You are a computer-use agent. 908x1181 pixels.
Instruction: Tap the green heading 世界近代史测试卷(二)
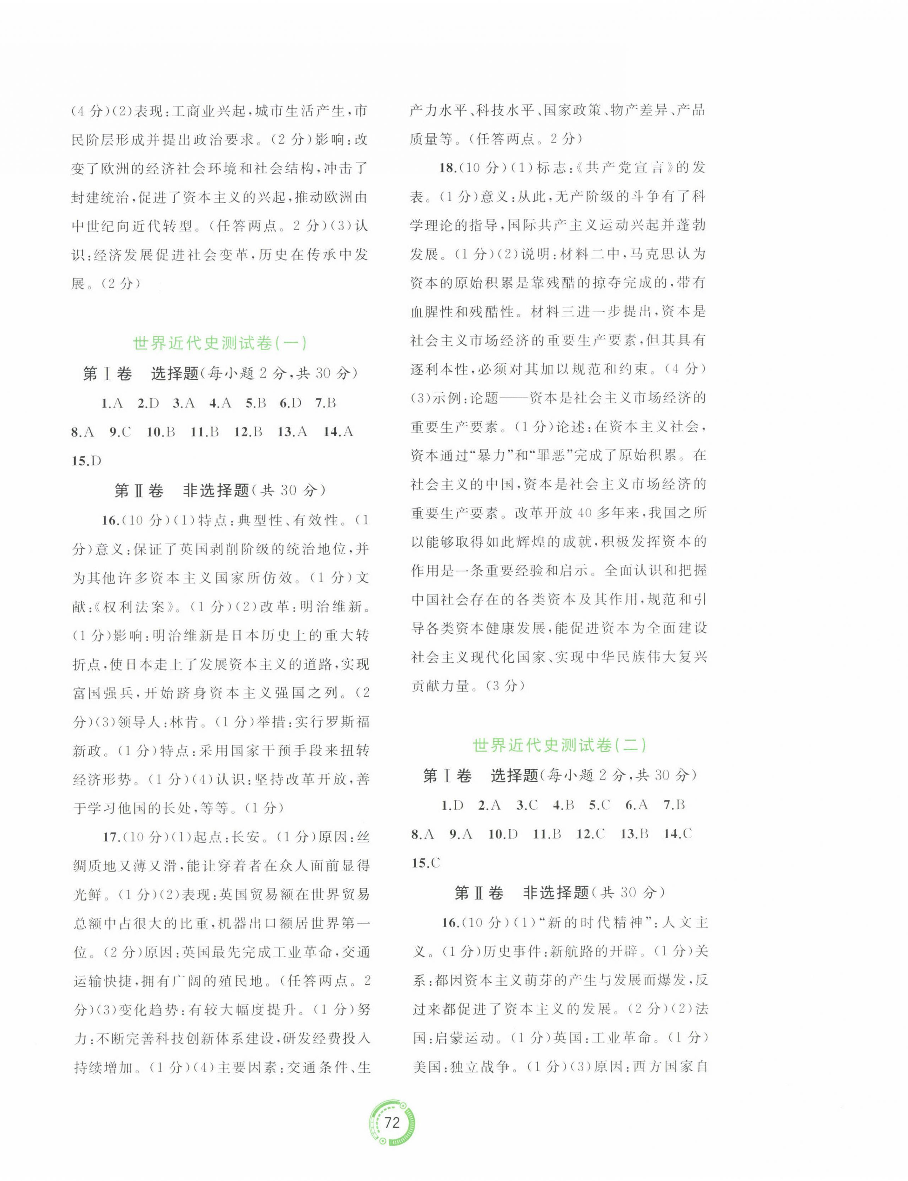(x=559, y=746)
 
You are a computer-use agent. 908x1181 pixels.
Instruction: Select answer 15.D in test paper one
(x=87, y=460)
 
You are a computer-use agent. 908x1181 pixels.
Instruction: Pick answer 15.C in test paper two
(x=426, y=863)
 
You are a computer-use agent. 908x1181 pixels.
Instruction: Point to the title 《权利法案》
(x=133, y=607)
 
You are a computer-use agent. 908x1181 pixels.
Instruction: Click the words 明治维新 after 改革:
(x=335, y=607)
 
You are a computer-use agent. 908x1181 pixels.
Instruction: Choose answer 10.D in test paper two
(x=502, y=834)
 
